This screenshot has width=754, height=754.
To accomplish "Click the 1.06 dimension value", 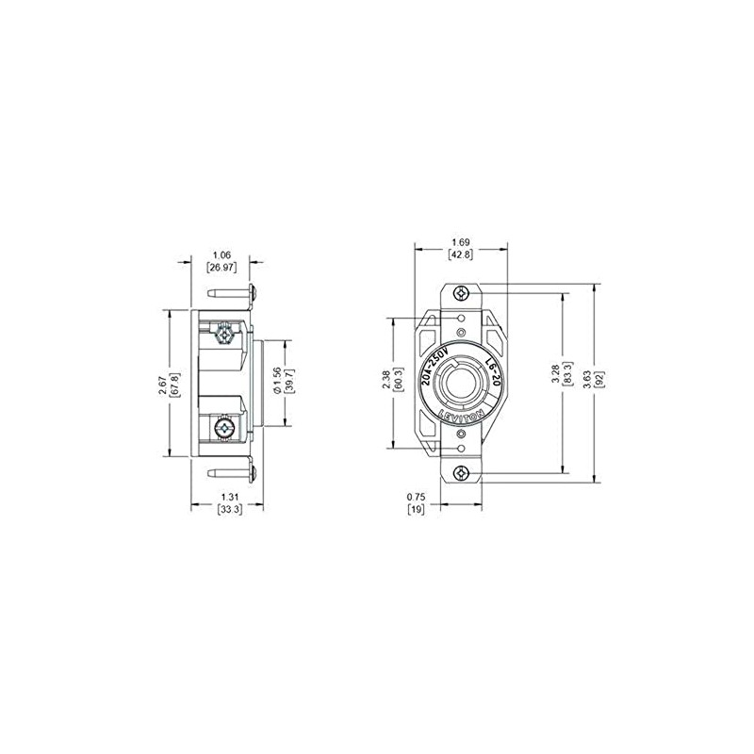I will pyautogui.click(x=222, y=254).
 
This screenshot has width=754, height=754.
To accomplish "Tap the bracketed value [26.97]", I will pyautogui.click(x=222, y=269).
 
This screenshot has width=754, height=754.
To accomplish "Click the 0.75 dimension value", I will pyautogui.click(x=414, y=496).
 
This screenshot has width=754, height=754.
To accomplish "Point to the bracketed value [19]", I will pyautogui.click(x=414, y=510).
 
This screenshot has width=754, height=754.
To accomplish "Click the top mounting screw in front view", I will pyautogui.click(x=460, y=293).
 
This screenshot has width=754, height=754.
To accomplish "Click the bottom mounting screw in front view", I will pyautogui.click(x=460, y=474).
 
